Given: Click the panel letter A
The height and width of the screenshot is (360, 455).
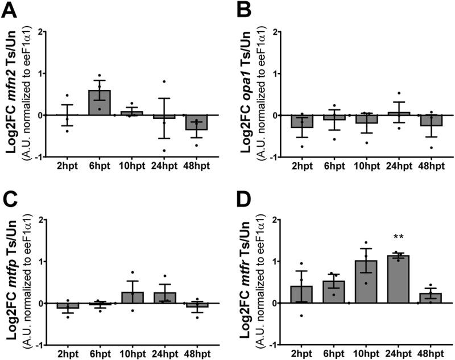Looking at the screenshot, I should click(11, 10).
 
